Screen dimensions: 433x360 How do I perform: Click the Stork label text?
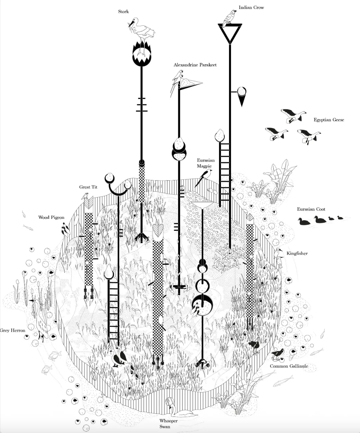pyautogui.click(x=123, y=12)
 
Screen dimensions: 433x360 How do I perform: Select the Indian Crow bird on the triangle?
pyautogui.click(x=230, y=17)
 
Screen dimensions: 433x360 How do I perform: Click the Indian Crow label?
pyautogui.click(x=251, y=7)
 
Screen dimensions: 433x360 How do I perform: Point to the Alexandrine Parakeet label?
pyautogui.click(x=195, y=65)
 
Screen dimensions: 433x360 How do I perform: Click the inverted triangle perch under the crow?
pyautogui.click(x=229, y=33)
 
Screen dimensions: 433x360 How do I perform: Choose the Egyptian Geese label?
pyautogui.click(x=329, y=120)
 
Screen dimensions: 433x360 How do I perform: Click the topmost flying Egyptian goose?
pyautogui.click(x=293, y=115)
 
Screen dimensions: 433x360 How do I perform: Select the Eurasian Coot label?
pyautogui.click(x=311, y=209)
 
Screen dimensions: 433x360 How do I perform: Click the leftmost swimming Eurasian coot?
pyautogui.click(x=304, y=221)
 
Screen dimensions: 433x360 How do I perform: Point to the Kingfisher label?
pyautogui.click(x=297, y=253)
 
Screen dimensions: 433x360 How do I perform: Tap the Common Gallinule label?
pyautogui.click(x=289, y=366)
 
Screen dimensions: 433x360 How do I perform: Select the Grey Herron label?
pyautogui.click(x=13, y=330)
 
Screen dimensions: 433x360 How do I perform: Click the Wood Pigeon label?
pyautogui.click(x=51, y=217)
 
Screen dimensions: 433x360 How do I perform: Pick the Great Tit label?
pyautogui.click(x=88, y=187)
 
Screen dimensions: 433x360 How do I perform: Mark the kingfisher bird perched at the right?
pyautogui.click(x=279, y=257)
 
